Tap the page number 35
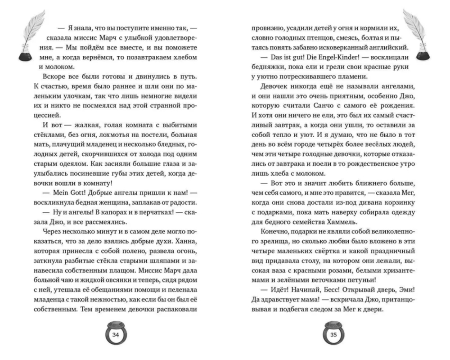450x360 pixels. point(333,335)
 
